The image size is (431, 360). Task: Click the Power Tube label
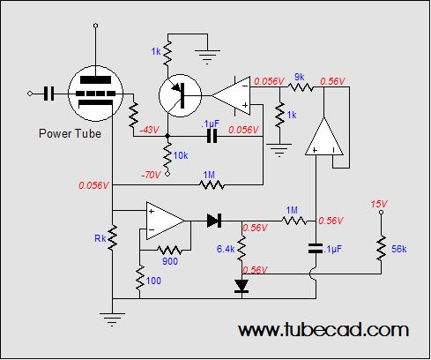70,133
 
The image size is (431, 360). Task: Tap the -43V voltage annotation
149,130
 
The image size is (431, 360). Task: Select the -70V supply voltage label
151,175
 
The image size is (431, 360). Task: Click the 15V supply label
379,204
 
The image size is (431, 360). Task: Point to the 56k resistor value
399,249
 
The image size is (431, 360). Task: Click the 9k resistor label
300,77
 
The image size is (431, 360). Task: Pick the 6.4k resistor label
226,249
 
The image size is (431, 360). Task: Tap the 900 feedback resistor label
170,261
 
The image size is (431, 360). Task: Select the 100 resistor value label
153,281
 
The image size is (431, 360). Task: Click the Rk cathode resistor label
100,238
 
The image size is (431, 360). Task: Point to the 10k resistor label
181,155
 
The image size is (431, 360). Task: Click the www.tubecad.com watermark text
323,330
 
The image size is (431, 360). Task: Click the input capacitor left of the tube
48,94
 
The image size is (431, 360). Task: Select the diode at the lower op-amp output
214,221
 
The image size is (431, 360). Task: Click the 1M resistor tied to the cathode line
212,184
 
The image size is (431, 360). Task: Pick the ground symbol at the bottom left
112,319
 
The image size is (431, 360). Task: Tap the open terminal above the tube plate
95,26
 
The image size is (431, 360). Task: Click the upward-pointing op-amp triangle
324,136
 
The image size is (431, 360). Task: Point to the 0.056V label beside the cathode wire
93,185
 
